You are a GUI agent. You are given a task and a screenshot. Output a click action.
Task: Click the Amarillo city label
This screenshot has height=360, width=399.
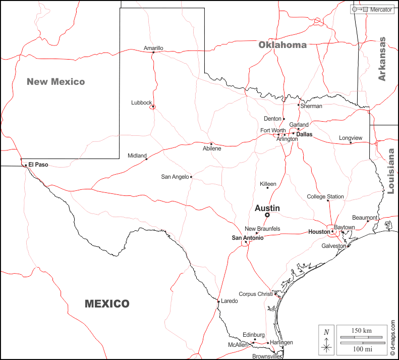tap(153, 48)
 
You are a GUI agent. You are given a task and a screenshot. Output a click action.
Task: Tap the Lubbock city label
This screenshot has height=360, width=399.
tap(141, 102)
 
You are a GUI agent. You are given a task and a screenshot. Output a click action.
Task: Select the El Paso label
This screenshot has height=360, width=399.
tap(38, 165)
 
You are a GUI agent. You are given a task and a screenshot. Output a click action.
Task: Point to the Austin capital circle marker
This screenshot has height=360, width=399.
tap(267, 215)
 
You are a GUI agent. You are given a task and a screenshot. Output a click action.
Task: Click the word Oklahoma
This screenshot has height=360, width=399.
tap(282, 45)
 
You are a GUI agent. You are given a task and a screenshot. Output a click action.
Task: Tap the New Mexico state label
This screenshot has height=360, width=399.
tap(55, 81)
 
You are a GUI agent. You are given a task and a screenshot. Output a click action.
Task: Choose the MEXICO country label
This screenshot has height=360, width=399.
tap(107, 304)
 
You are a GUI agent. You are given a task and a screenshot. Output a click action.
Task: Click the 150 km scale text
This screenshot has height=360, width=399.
tap(361, 331)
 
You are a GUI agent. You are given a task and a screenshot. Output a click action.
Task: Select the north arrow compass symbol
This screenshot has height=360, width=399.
tap(326, 340)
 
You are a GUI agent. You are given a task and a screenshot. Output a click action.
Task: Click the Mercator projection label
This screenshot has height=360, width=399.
tap(381, 10)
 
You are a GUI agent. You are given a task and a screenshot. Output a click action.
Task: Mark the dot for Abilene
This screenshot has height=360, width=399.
tap(211, 143)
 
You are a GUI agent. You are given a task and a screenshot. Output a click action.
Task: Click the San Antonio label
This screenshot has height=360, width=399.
tap(247, 238)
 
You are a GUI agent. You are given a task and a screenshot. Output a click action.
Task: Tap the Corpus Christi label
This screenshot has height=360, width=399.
tap(255, 294)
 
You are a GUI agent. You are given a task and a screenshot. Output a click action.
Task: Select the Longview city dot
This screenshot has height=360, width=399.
tap(351, 142)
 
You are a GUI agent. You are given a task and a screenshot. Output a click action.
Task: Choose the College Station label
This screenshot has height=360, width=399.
tap(325, 197)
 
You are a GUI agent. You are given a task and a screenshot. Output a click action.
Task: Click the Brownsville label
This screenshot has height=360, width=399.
tap(266, 356)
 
